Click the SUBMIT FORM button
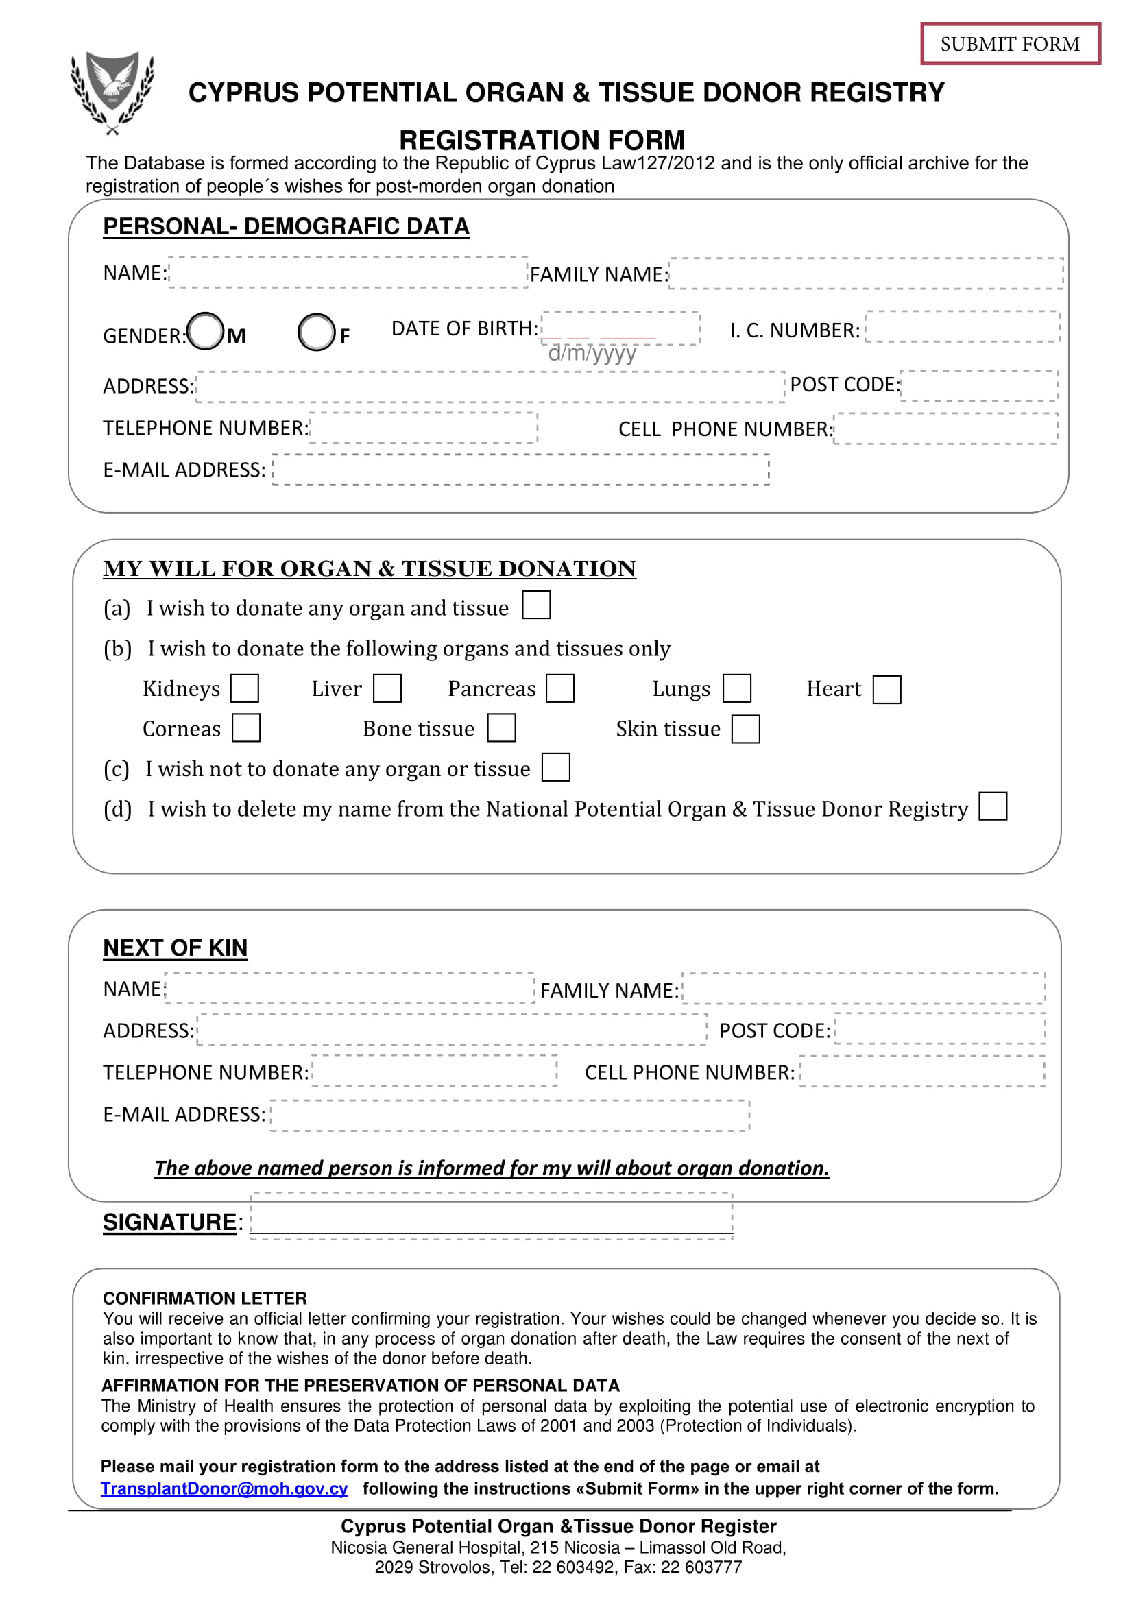[1010, 44]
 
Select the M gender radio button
[206, 331]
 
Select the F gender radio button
[316, 333]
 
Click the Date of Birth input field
[620, 328]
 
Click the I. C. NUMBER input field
[962, 327]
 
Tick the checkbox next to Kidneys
[245, 688]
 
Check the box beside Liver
[387, 688]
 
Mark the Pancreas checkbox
[560, 688]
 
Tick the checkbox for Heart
[886, 690]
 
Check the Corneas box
[247, 727]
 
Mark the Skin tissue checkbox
[746, 729]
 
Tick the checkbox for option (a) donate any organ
[536, 605]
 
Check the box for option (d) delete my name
[993, 806]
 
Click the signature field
[492, 1217]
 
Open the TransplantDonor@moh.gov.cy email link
[224, 1488]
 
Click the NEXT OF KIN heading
[176, 948]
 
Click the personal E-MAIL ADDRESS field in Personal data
[521, 470]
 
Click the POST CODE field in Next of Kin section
[940, 1029]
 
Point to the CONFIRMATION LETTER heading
[204, 1299]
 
